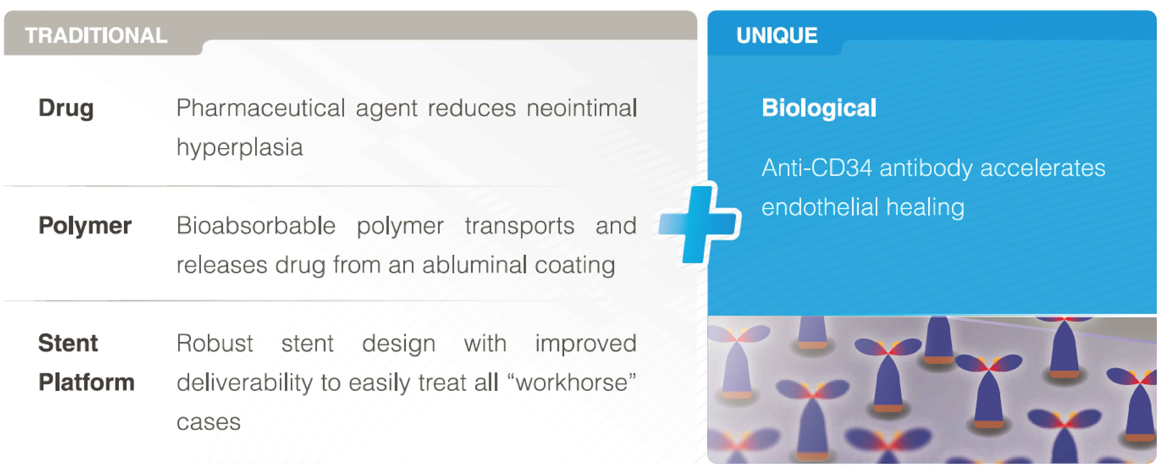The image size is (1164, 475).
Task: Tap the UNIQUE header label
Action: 777,35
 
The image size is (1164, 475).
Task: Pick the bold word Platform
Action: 86,382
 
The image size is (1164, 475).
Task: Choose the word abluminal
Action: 474,265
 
